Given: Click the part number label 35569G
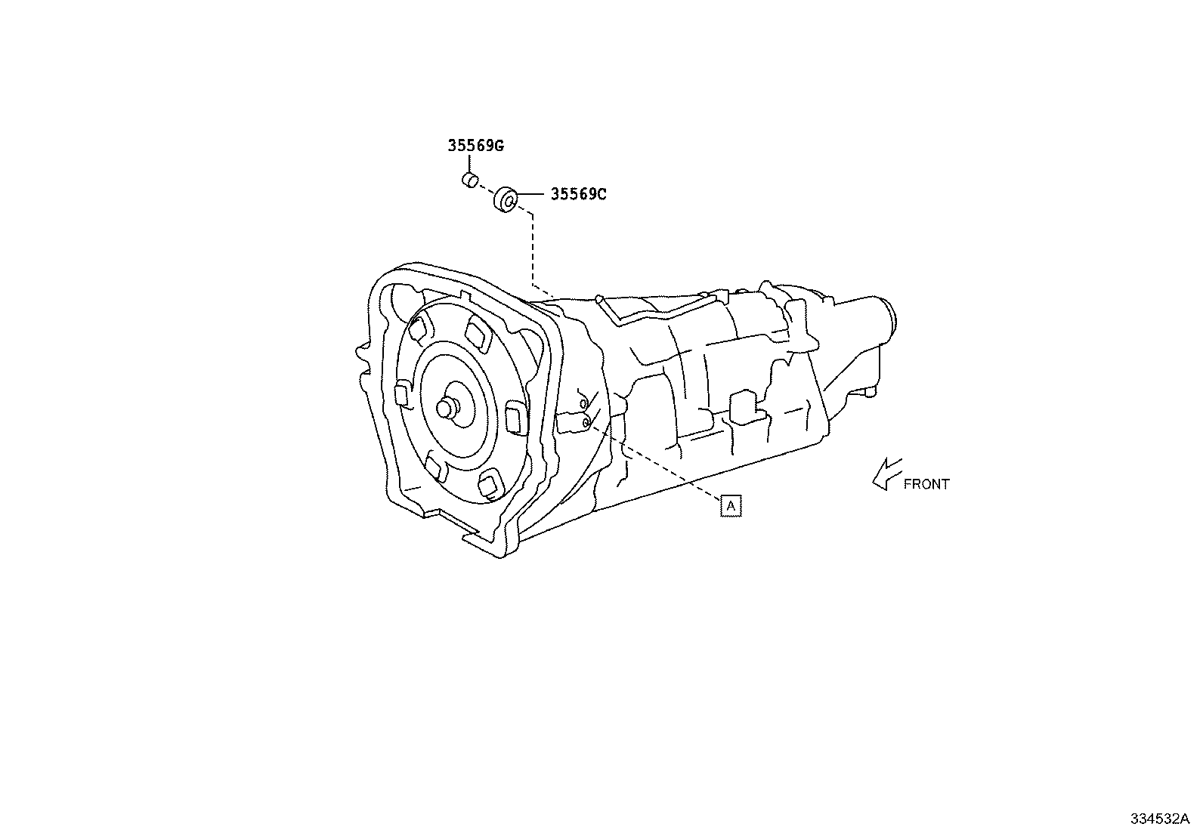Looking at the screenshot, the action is (x=476, y=146).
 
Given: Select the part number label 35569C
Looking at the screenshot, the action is (x=578, y=194).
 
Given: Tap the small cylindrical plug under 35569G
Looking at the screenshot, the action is (x=470, y=180).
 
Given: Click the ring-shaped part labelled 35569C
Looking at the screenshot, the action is (x=506, y=199).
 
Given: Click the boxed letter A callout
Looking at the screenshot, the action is (x=731, y=506).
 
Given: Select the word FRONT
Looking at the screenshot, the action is (x=926, y=484).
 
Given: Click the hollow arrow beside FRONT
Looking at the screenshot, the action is (x=887, y=474).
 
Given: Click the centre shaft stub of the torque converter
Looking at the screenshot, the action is (x=447, y=408).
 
